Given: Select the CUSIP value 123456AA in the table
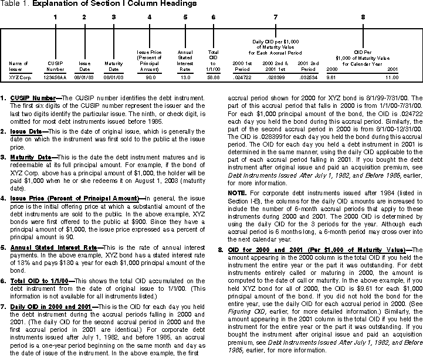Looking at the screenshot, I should coord(56,77).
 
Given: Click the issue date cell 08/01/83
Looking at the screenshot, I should coord(84,77).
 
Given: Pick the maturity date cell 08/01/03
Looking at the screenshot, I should coord(114,77).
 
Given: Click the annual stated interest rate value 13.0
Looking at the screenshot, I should coord(185,77).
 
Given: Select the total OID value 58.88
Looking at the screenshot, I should coord(214,77).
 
